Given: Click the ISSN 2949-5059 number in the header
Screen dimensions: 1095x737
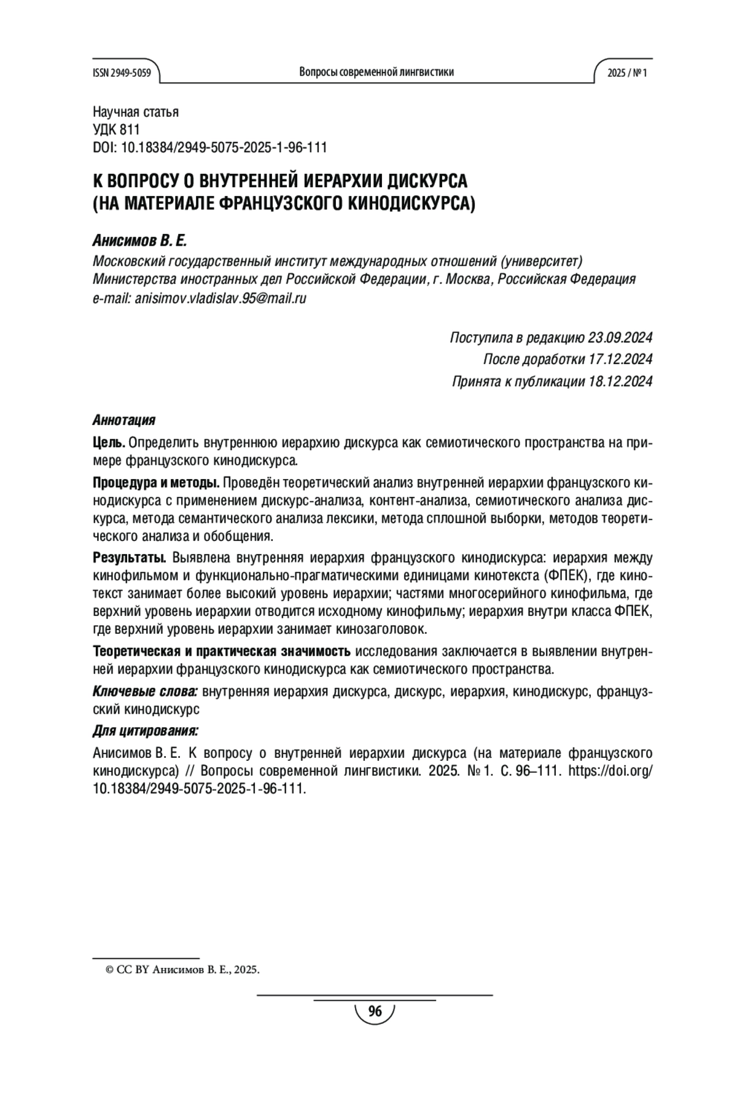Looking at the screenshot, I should tap(122, 72).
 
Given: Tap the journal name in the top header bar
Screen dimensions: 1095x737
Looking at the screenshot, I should tap(376, 72).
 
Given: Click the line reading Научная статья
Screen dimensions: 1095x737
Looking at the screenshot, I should tap(135, 112).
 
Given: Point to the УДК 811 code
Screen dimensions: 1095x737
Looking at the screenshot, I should tap(116, 130).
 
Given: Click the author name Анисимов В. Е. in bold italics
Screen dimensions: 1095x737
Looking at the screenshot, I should tap(139, 241).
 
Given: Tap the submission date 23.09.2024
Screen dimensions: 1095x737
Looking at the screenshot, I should tap(620, 338).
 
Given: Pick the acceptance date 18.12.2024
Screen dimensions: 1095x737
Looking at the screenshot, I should tap(620, 381).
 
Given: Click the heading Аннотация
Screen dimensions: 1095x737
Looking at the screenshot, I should tap(123, 420).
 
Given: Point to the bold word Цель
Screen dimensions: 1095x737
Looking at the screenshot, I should tap(109, 443).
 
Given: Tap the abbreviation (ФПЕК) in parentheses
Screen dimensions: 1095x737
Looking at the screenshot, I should tap(564, 576).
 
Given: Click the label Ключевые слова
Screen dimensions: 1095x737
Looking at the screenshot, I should tap(144, 692).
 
